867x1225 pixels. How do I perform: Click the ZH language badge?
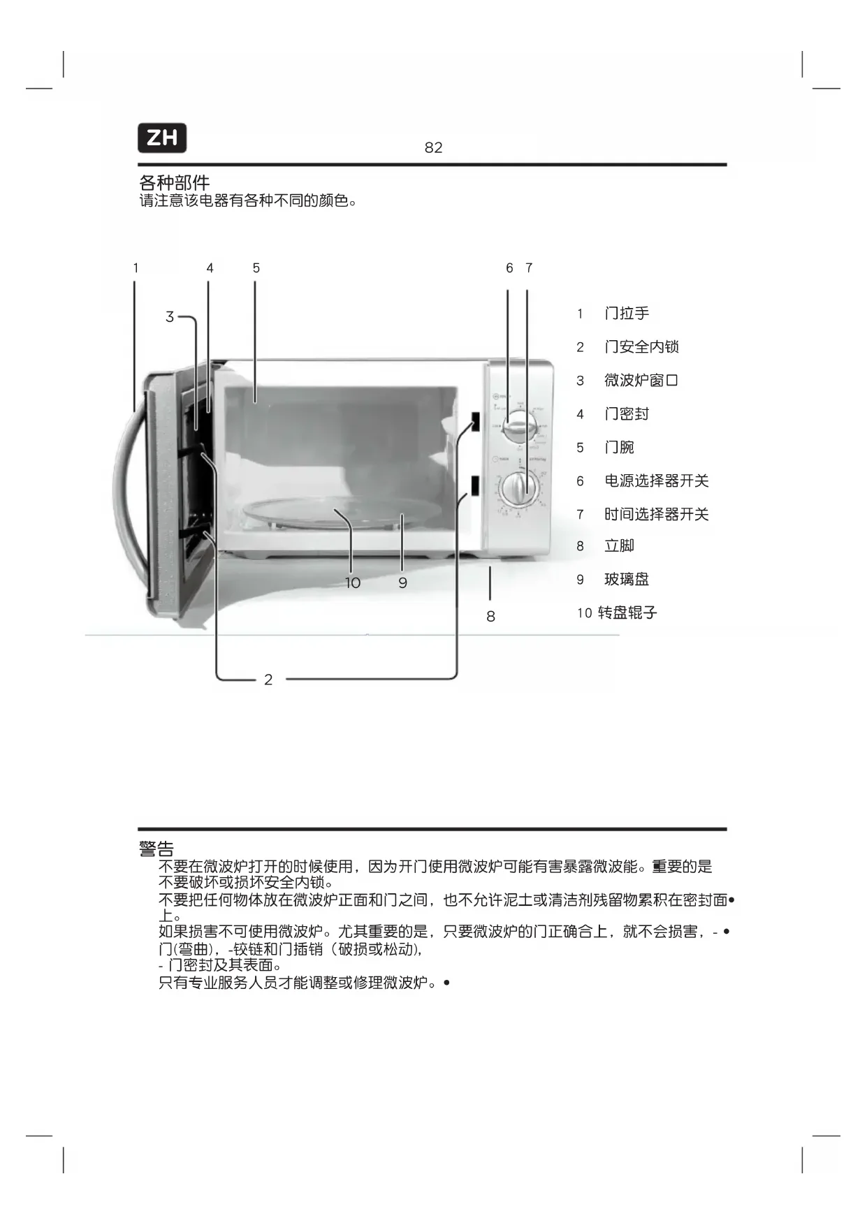tap(162, 138)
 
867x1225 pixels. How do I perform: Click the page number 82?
tap(433, 147)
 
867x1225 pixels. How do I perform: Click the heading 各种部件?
tap(174, 183)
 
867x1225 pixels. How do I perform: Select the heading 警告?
tap(156, 849)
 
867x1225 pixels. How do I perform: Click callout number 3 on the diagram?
tap(169, 317)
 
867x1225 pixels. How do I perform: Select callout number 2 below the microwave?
tap(268, 680)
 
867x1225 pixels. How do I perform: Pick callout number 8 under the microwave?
tap(490, 616)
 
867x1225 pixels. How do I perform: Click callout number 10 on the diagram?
tap(353, 582)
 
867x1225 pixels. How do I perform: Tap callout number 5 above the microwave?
tap(256, 268)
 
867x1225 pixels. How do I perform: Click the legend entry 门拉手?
tap(627, 314)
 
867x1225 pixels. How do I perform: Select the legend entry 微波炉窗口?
tap(641, 381)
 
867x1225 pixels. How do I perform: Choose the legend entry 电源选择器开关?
tap(656, 481)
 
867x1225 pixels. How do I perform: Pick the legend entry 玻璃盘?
tap(627, 579)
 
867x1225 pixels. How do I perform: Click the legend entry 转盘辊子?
tap(627, 612)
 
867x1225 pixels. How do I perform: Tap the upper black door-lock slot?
tap(475, 421)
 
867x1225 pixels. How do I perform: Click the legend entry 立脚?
tap(619, 545)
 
